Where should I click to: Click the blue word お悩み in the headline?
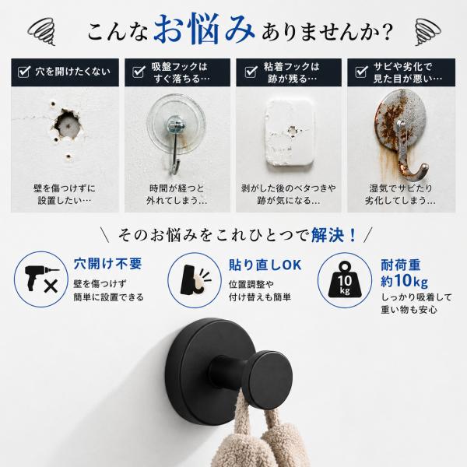click(x=204, y=29)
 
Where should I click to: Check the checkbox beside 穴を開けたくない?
click(x=24, y=72)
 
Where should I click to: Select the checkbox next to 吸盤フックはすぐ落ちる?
click(x=139, y=72)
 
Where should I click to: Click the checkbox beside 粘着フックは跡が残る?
click(x=251, y=72)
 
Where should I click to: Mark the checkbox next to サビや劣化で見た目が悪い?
click(x=361, y=72)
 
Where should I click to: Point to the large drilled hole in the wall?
click(x=67, y=124)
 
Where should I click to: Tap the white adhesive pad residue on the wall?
click(x=290, y=132)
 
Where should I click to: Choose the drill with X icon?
click(x=42, y=279)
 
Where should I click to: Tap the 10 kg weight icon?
click(x=344, y=279)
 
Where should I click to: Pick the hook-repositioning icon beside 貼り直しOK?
click(x=195, y=279)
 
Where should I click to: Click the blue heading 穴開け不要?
click(x=108, y=264)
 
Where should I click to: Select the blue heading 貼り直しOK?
click(x=265, y=265)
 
